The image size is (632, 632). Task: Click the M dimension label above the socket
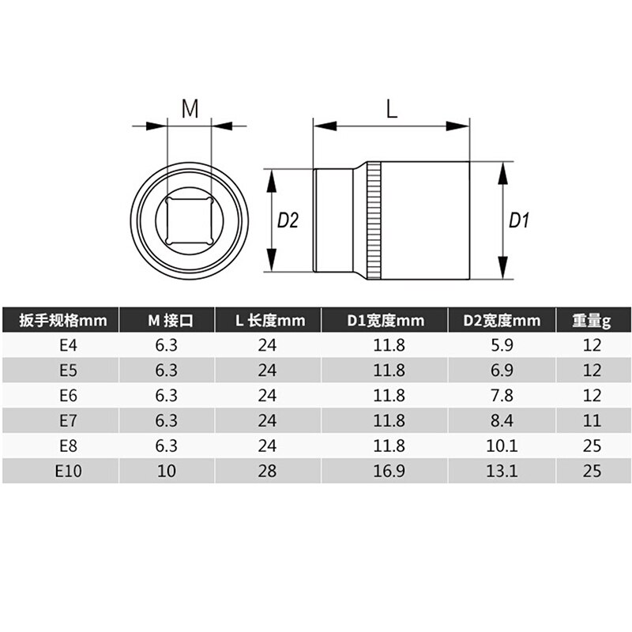click(x=190, y=109)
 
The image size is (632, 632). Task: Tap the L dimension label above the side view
click(x=392, y=109)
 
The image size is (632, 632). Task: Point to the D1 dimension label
click(x=518, y=220)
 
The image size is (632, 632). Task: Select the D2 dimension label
click(x=288, y=220)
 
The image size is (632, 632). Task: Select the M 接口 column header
click(x=166, y=321)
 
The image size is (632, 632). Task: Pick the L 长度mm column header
click(x=268, y=321)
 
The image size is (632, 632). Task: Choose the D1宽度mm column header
click(x=385, y=321)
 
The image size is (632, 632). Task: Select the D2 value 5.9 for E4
click(x=502, y=345)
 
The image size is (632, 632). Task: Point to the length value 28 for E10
click(x=268, y=472)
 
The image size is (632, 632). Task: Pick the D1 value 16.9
click(x=385, y=472)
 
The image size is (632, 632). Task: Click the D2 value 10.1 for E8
click(x=502, y=446)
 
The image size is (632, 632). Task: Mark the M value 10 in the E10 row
click(x=166, y=472)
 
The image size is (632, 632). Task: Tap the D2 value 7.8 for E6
click(x=502, y=396)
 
